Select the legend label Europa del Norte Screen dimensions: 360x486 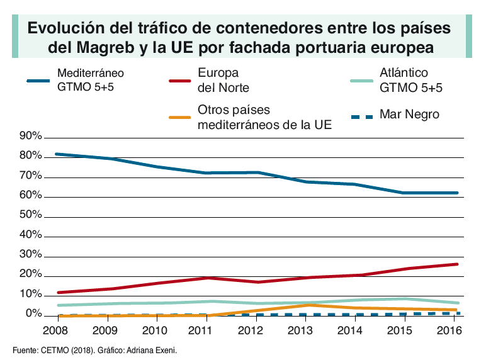click(223, 80)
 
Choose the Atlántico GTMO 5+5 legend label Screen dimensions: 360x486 click(411, 80)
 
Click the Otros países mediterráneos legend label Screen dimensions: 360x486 click(264, 116)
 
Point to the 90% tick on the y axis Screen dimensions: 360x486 click(31, 137)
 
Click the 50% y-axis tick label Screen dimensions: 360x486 click(31, 215)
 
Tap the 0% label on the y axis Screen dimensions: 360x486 click(33, 313)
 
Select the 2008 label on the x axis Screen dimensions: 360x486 click(55, 330)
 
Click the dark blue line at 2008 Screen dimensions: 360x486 click(57, 154)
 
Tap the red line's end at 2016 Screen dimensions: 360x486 click(457, 264)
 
